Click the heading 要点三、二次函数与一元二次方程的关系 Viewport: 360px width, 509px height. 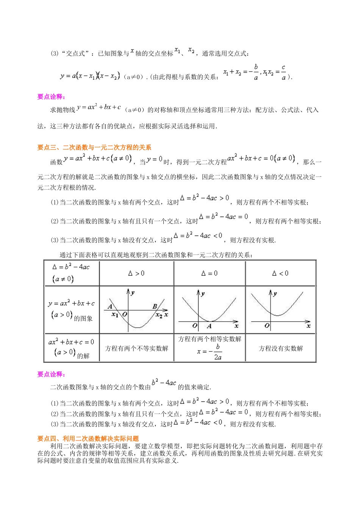coord(94,147)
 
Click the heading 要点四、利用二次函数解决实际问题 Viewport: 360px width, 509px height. coord(88,439)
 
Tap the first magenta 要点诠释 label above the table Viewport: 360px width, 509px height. coord(51,97)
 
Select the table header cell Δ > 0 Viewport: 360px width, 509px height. coord(136,273)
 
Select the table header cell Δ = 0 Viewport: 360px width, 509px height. coord(209,273)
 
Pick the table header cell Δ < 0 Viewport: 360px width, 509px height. coord(280,273)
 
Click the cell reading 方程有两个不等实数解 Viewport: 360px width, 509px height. coord(136,348)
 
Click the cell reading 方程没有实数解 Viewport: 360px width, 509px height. coord(280,348)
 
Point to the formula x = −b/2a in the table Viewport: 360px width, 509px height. coord(210,352)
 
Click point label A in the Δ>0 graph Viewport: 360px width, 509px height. coord(110,306)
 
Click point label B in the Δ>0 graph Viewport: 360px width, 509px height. coord(155,306)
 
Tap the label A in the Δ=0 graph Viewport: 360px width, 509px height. coord(209,326)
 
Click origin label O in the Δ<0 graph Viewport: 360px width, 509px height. coord(267,326)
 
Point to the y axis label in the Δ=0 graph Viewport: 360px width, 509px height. coord(203,294)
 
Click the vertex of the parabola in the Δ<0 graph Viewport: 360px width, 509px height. coord(278,315)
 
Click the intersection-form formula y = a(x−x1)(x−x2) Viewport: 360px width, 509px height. coord(90,76)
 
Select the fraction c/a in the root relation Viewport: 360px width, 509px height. coord(283,72)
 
